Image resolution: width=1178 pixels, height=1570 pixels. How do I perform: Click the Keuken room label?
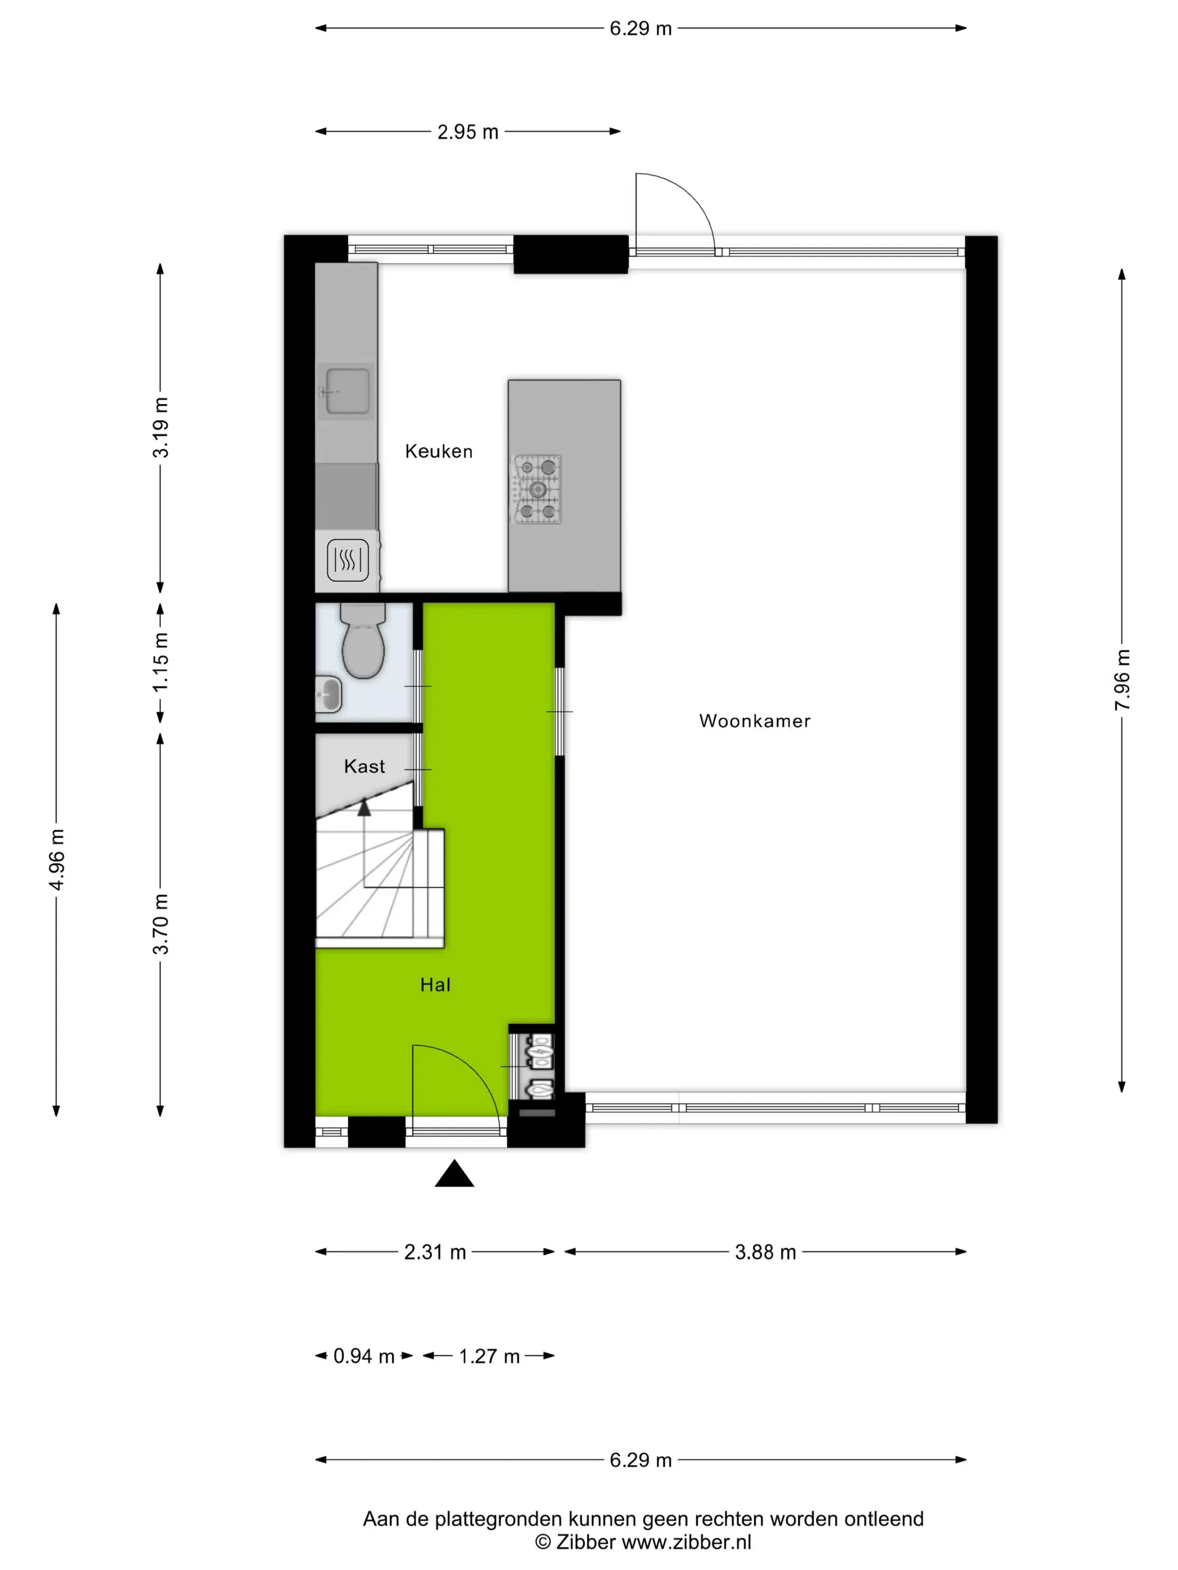(438, 451)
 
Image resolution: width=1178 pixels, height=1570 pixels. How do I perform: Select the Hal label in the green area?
(435, 985)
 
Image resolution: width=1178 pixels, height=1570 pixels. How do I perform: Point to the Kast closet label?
(364, 766)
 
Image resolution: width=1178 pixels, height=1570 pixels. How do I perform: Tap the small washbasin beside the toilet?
(329, 694)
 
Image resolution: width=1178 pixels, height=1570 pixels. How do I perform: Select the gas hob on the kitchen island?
(537, 489)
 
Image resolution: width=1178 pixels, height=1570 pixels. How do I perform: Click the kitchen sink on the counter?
(347, 390)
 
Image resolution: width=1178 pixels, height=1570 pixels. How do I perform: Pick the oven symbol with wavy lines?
(348, 561)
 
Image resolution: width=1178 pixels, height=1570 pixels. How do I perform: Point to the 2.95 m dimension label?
(467, 132)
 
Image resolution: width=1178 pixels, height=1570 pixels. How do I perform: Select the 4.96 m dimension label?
(57, 859)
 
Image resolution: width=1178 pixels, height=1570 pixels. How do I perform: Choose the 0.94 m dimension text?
(363, 1356)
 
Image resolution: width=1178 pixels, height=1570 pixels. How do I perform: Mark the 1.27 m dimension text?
(489, 1356)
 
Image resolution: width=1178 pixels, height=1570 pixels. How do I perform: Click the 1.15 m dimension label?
(160, 662)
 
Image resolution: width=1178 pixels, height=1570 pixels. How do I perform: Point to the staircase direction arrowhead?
(364, 806)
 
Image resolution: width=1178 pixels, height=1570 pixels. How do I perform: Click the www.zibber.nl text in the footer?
(686, 1541)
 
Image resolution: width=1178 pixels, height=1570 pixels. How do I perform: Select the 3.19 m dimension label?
(161, 427)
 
